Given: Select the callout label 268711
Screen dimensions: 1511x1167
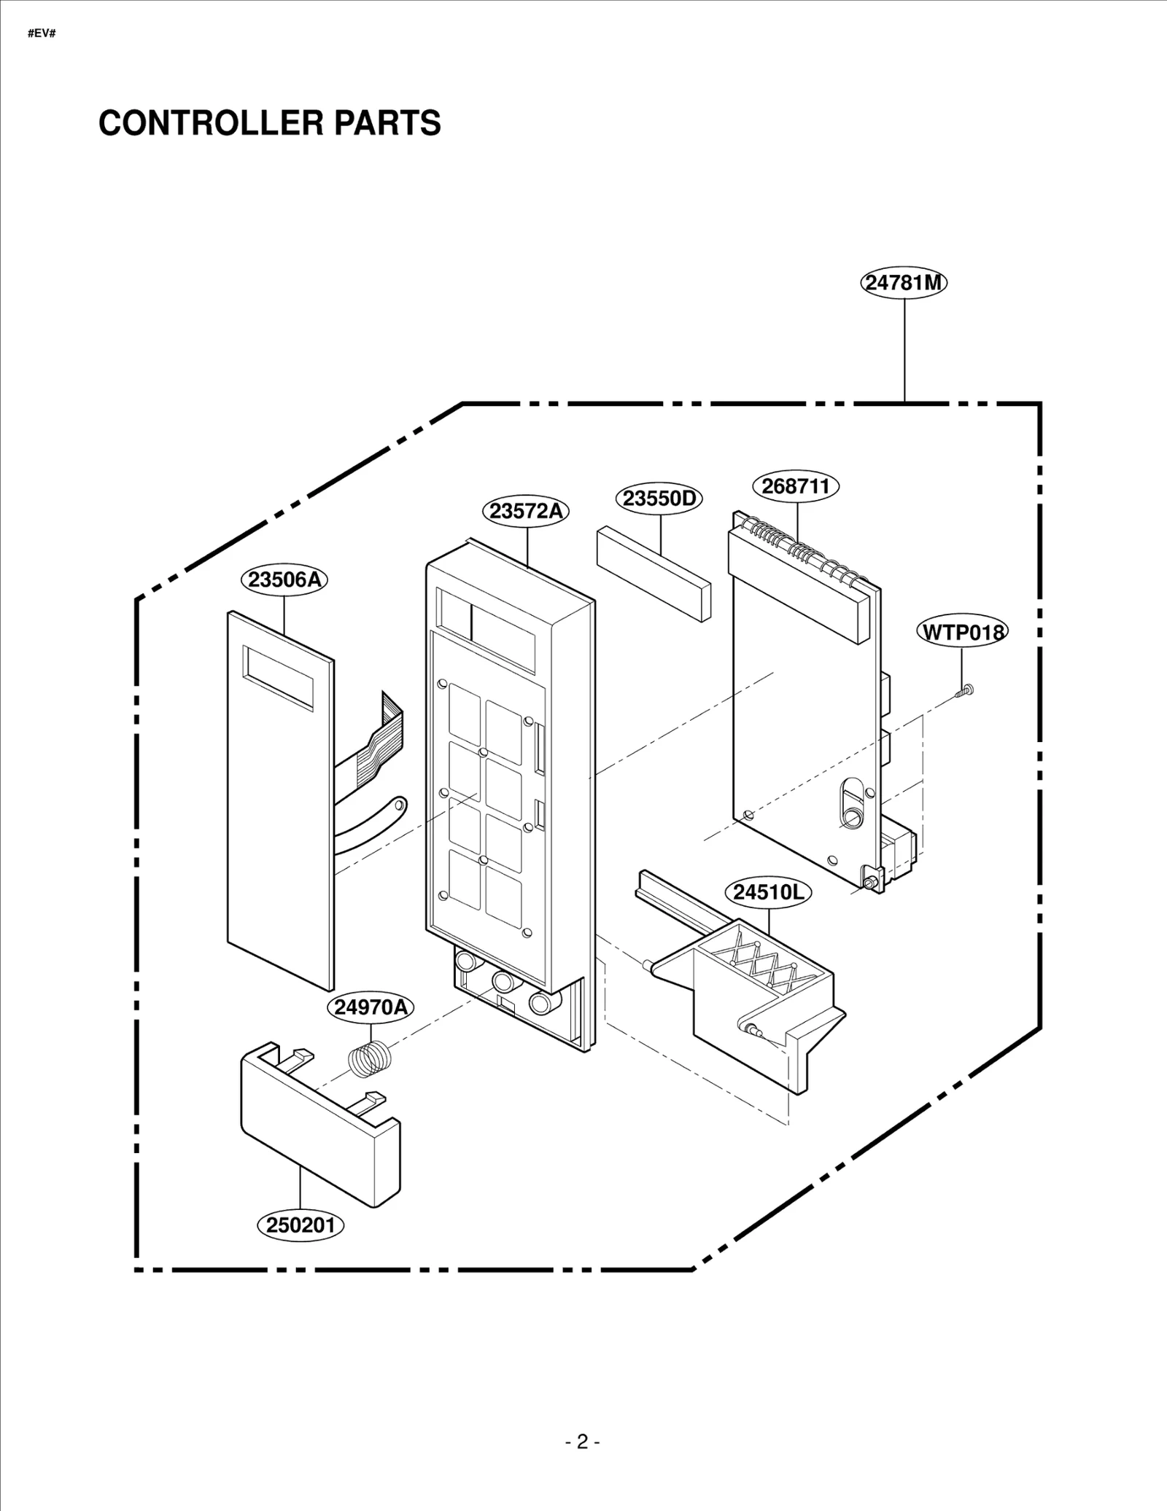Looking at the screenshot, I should pos(796,486).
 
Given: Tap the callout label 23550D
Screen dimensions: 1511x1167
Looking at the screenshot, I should pos(659,499).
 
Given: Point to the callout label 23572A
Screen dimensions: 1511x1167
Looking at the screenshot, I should pos(526,511).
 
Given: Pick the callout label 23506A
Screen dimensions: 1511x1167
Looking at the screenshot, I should pos(284,579).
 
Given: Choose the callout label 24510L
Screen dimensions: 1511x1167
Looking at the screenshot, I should pos(768,892).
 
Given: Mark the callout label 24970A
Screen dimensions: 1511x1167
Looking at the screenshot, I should pos(370,1007).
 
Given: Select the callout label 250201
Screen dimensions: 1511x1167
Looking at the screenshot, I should pos(301,1225).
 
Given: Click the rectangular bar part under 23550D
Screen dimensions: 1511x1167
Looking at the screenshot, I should pos(653,574).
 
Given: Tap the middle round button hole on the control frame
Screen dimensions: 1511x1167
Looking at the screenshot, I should pos(503,979).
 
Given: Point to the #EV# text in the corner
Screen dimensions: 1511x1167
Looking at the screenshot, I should pos(42,34).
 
